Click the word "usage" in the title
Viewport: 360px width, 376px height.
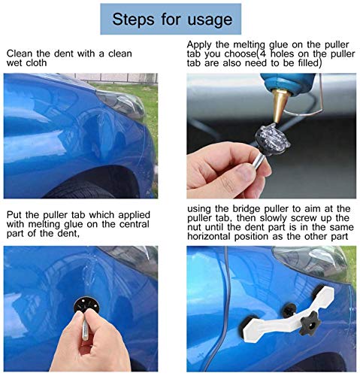pos(210,20)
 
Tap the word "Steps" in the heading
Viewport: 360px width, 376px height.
pos(133,19)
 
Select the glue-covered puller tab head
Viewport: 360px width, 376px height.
pos(273,138)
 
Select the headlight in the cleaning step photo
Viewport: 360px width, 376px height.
pos(121,102)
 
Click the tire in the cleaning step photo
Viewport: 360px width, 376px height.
pos(83,189)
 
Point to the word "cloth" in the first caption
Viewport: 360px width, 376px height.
pos(36,62)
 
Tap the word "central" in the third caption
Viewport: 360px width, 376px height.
pos(134,224)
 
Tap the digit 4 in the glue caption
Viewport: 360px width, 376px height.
pos(263,54)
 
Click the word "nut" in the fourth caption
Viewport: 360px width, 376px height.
pos(195,228)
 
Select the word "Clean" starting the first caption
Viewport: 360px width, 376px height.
pos(20,53)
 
